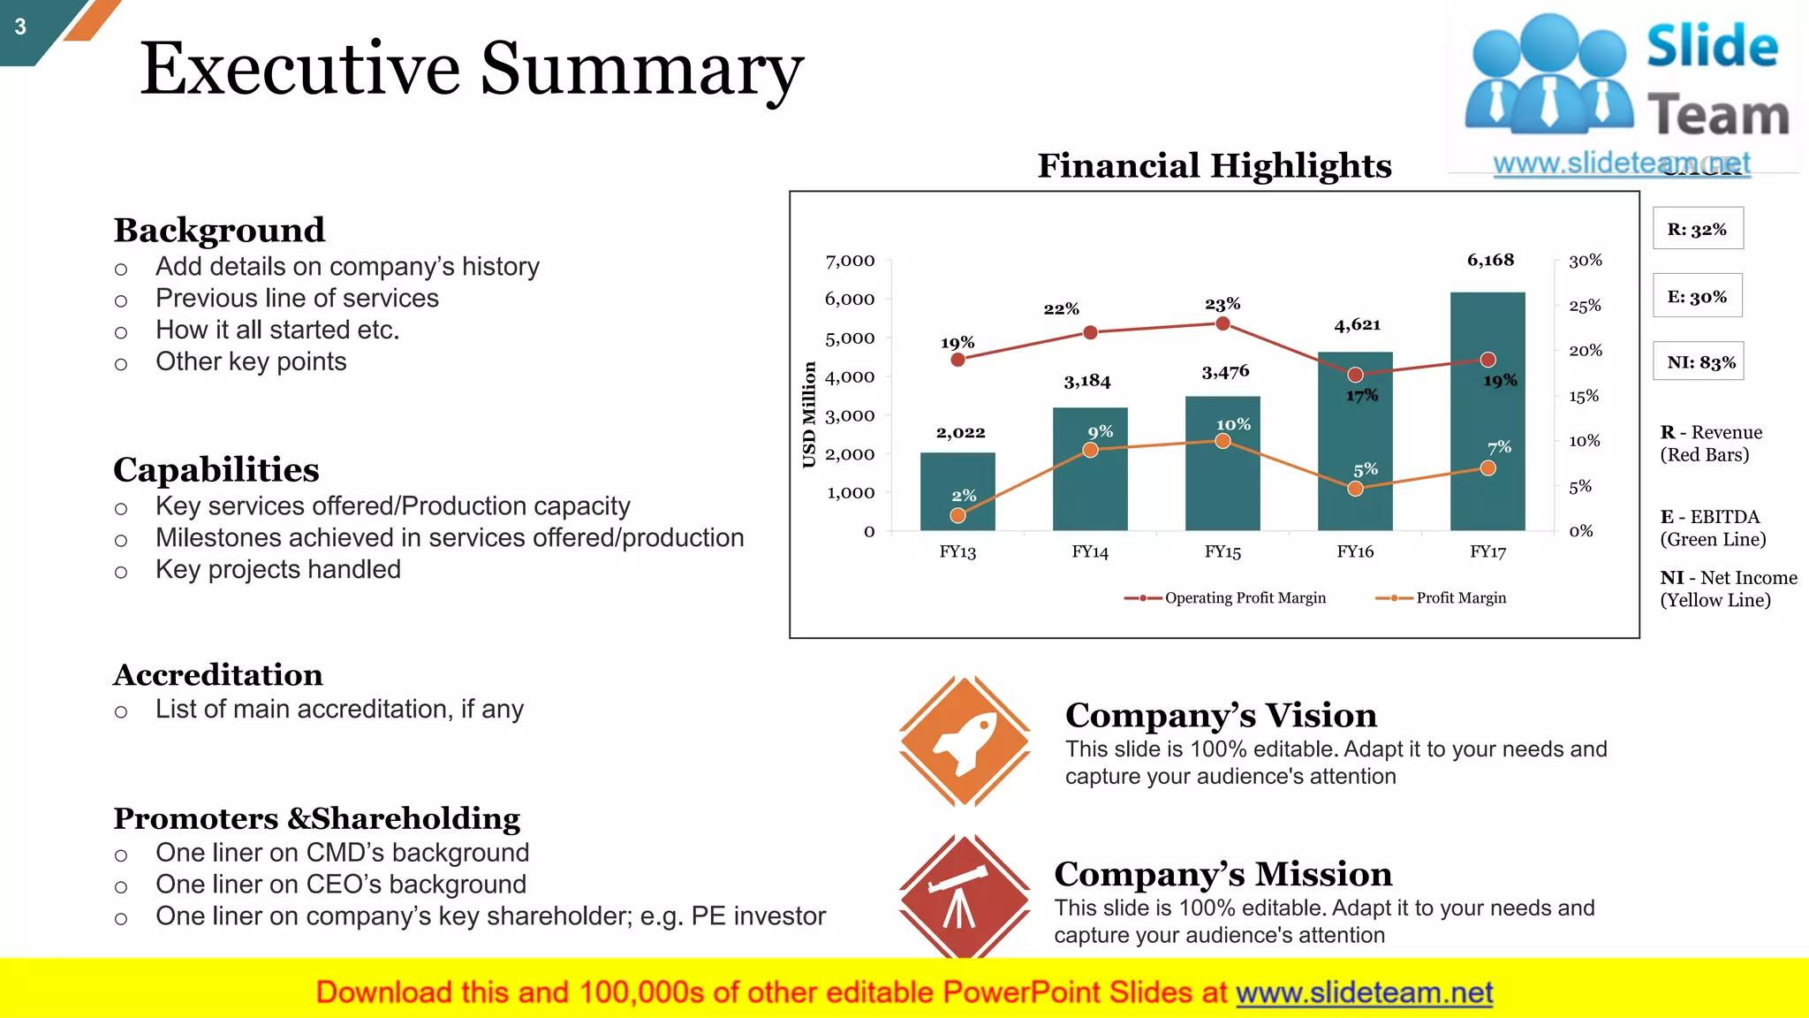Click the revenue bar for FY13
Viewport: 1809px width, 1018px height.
click(957, 491)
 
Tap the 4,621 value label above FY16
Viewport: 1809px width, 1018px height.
click(1358, 325)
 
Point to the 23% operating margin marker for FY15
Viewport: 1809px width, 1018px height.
click(1223, 324)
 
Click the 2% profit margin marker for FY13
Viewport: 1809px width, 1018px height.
click(958, 515)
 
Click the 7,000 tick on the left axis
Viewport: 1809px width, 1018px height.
click(850, 261)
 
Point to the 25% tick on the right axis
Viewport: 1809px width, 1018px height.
click(1585, 306)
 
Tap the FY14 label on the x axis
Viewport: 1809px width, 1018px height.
click(1090, 552)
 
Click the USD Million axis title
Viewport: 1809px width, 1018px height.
click(809, 414)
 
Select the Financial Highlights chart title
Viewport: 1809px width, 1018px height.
click(1215, 166)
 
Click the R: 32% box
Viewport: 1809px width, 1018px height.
click(1698, 229)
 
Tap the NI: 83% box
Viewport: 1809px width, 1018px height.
click(1699, 361)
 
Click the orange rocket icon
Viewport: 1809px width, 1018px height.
click(965, 741)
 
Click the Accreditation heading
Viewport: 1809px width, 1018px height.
click(218, 675)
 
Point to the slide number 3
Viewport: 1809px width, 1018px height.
click(20, 27)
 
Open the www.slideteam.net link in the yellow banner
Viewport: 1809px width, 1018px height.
click(1364, 993)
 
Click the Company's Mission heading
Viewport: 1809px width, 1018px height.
click(1223, 874)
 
